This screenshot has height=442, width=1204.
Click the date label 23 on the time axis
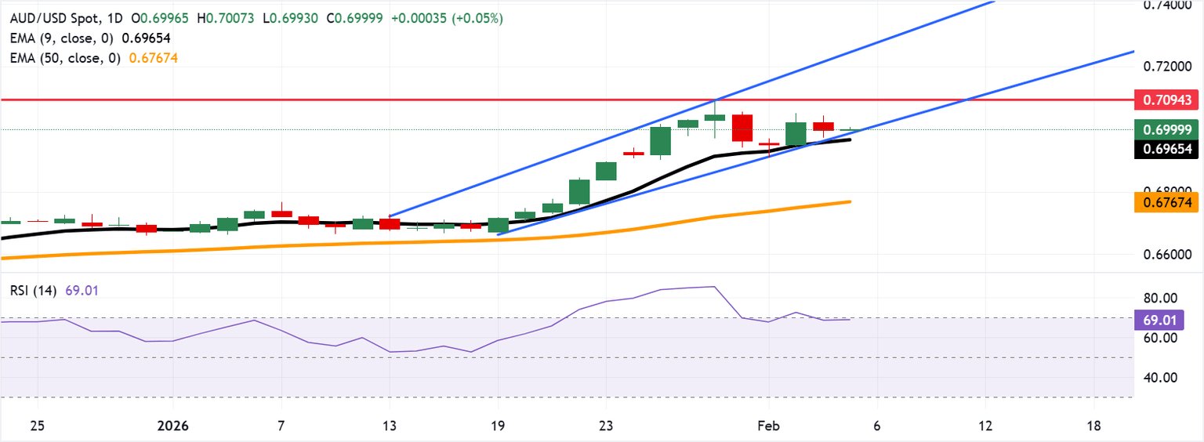tap(604, 426)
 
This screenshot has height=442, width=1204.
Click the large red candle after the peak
tap(742, 128)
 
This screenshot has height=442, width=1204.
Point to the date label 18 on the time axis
tap(1094, 426)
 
